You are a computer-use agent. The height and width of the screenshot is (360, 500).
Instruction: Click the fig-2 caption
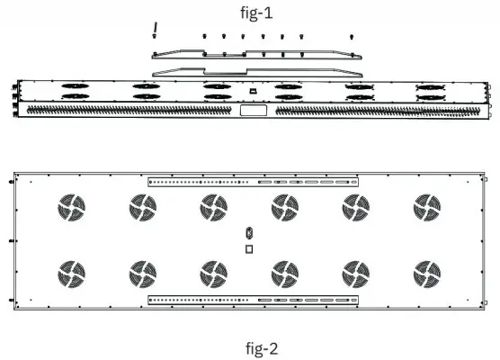(x=249, y=346)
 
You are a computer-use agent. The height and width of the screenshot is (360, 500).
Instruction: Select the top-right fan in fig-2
(x=427, y=208)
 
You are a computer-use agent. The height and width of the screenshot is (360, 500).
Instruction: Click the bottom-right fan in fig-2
(x=427, y=273)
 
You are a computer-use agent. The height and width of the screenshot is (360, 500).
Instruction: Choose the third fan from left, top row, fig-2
(x=214, y=208)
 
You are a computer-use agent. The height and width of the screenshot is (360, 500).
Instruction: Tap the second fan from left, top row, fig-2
(x=142, y=208)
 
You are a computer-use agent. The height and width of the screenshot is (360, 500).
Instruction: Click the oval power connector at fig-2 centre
(x=249, y=233)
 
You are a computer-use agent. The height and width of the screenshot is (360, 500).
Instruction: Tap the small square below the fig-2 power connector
(x=249, y=248)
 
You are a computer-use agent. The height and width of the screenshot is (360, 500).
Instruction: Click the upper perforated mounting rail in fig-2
(x=253, y=181)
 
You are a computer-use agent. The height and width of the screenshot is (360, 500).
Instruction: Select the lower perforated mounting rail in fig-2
(x=253, y=298)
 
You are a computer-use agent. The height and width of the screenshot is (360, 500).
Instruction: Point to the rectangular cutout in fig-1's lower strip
(x=249, y=112)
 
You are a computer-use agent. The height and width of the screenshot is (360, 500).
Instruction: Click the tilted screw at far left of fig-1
(x=156, y=30)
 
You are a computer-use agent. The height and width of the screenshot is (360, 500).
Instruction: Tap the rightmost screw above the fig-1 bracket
(x=350, y=37)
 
